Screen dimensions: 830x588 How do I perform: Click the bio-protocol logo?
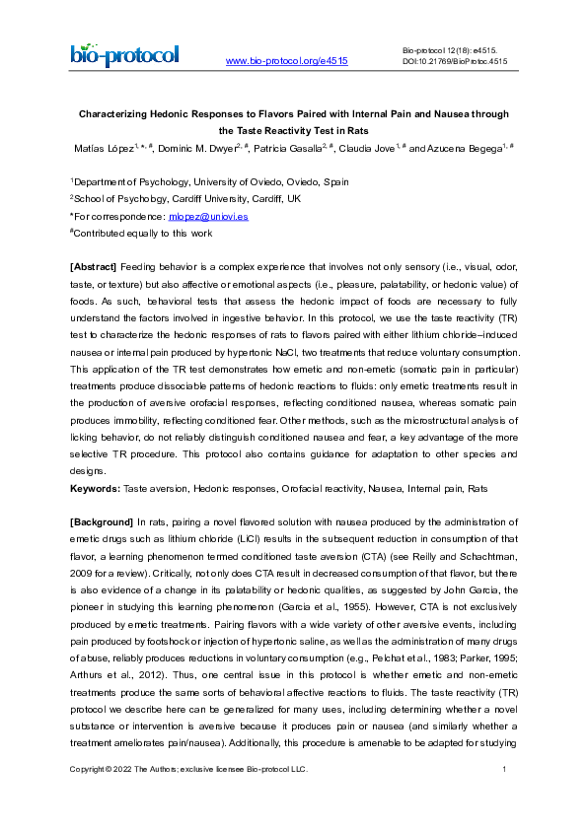pos(124,54)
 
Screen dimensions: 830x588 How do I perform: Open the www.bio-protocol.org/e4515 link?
pos(286,62)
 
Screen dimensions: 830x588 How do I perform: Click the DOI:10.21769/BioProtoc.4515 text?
pos(455,60)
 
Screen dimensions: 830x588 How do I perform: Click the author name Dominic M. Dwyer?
pos(196,148)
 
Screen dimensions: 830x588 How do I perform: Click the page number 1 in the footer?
pos(504,769)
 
